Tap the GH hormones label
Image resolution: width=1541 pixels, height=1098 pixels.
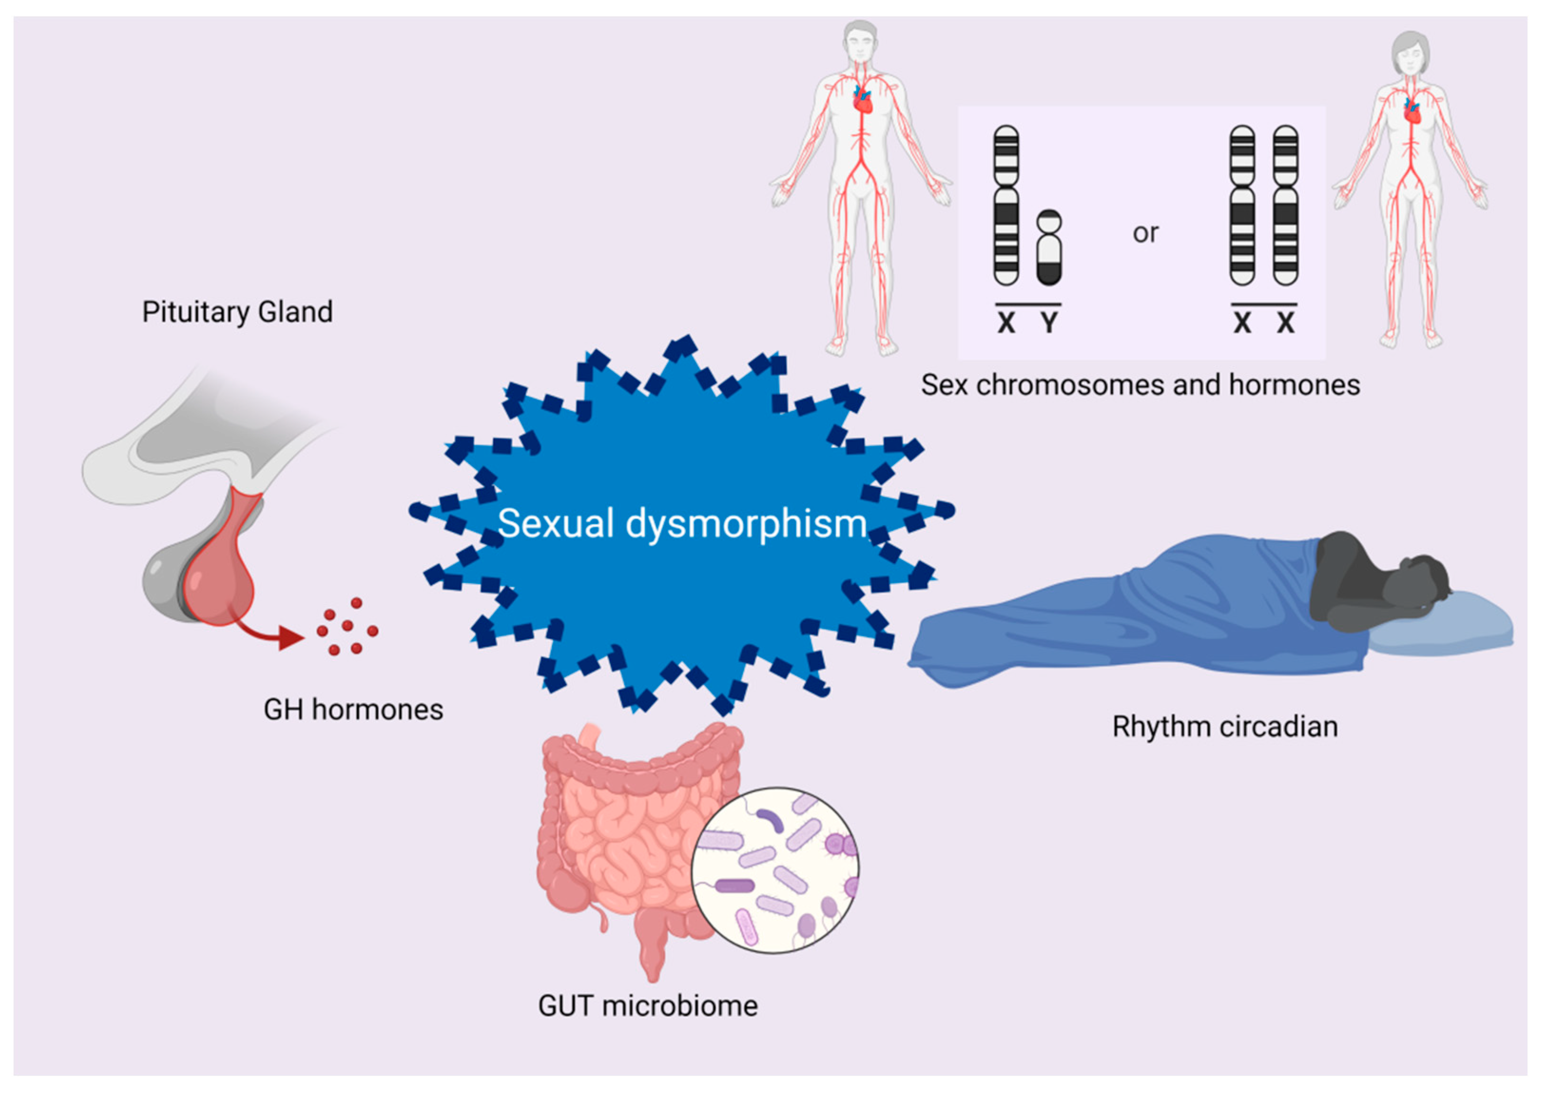(x=353, y=710)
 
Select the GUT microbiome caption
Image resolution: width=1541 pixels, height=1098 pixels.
(x=648, y=1006)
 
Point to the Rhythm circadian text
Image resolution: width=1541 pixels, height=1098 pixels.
(x=1225, y=727)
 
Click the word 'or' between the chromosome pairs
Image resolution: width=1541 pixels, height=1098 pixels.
(x=1145, y=233)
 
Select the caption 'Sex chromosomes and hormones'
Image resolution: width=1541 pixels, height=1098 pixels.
(x=1140, y=385)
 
